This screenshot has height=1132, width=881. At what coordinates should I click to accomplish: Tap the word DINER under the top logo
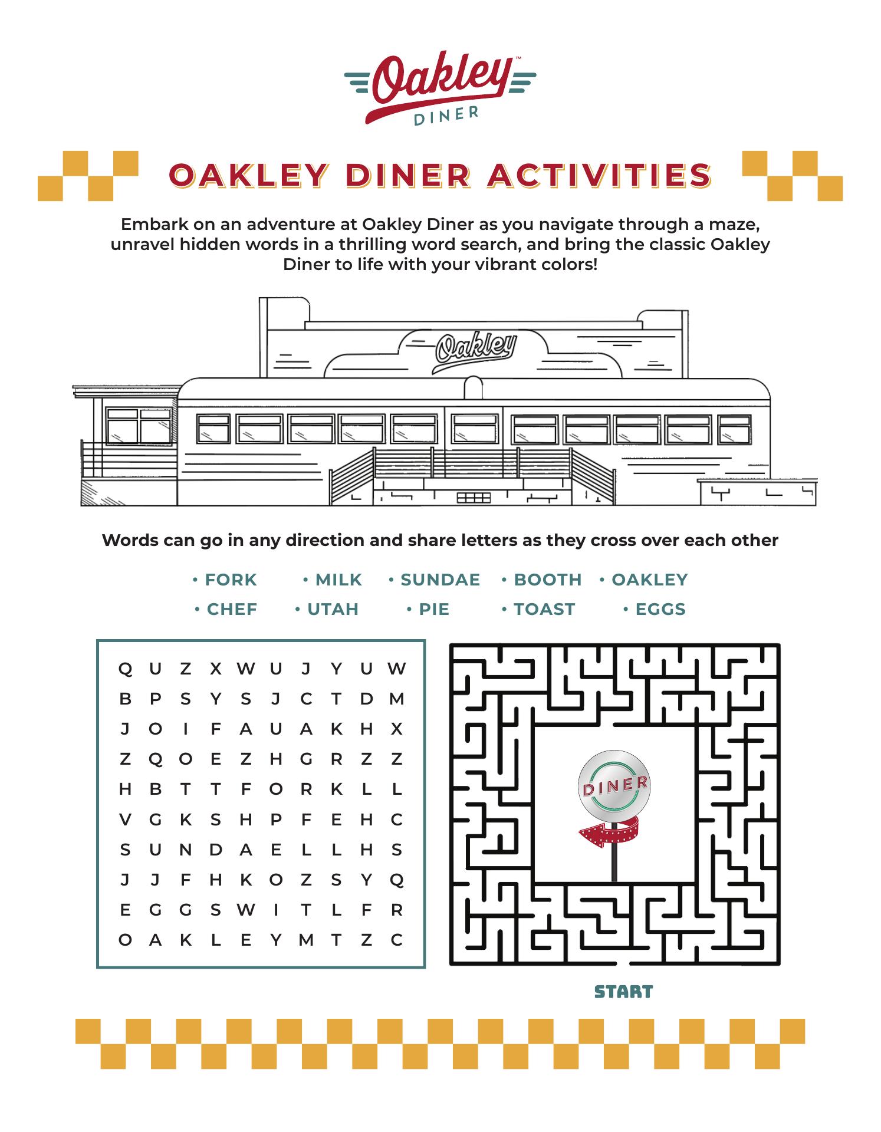click(x=446, y=116)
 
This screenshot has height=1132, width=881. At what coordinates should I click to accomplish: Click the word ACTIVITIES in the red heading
click(x=600, y=175)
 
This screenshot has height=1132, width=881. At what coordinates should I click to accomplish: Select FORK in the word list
click(x=231, y=580)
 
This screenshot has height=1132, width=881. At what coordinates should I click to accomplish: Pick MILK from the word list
click(x=338, y=580)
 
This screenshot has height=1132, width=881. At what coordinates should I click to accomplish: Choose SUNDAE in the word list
click(x=440, y=580)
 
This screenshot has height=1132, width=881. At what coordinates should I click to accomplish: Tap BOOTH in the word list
click(x=548, y=580)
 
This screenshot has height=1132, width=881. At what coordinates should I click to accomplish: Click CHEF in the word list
click(x=232, y=609)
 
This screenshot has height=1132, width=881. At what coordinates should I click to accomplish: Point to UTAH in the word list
click(x=333, y=609)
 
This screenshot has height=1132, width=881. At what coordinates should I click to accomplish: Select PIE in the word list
click(x=434, y=609)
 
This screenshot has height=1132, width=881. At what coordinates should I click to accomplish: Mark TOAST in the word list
click(x=544, y=609)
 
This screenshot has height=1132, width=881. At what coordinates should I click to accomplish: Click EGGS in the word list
click(x=660, y=609)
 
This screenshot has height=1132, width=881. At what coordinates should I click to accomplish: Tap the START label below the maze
click(x=623, y=992)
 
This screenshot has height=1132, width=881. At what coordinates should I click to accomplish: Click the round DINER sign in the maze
click(x=615, y=784)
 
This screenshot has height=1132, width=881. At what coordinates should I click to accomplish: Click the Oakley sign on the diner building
click(x=476, y=351)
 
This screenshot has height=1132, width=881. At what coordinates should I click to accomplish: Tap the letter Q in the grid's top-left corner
click(x=125, y=669)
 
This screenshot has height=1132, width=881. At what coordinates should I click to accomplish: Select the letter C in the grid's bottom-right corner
click(x=396, y=940)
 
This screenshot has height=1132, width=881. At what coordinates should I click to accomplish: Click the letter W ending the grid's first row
click(x=396, y=669)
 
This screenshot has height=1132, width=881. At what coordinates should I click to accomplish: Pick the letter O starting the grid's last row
click(x=125, y=940)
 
